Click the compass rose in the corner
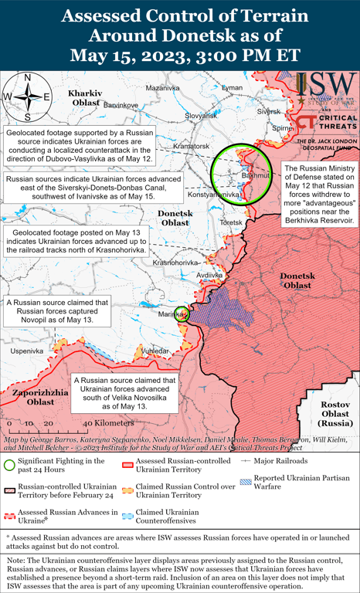click(27, 97)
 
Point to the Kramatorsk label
click(192, 146)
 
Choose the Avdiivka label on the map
click(209, 275)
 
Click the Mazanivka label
click(161, 89)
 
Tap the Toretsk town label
click(230, 222)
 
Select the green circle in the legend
click(10, 464)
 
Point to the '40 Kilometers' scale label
click(107, 424)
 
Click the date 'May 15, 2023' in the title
click(130, 56)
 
